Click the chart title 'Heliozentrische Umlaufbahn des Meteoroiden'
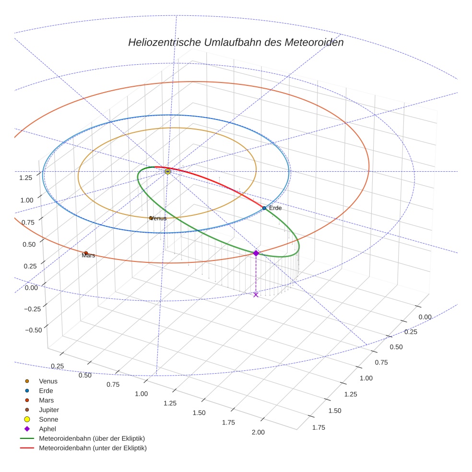coord(236,42)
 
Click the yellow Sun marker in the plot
coord(167,171)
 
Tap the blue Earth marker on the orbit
coord(264,208)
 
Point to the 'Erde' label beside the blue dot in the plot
coord(275,208)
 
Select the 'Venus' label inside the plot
coord(158,218)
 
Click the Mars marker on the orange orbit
coord(86,253)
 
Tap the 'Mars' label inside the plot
coord(88,256)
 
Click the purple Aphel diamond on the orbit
coord(256,253)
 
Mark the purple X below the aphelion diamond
coord(256,295)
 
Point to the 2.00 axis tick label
coord(258,432)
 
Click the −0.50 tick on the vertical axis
coord(33,330)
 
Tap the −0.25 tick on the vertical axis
coord(33,308)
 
